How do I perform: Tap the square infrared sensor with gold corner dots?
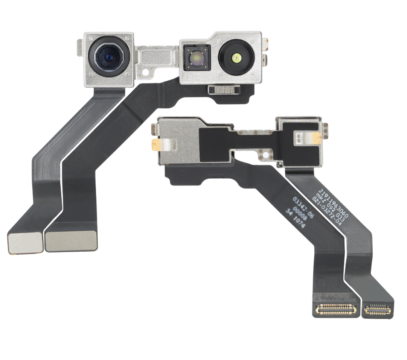tap(196, 58)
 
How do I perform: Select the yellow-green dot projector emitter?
tap(236, 58)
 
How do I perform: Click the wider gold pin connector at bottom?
tap(336, 309)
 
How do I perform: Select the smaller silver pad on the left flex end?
tap(24, 243)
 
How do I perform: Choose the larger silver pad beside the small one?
tap(71, 241)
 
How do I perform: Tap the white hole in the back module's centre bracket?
tap(265, 155)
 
